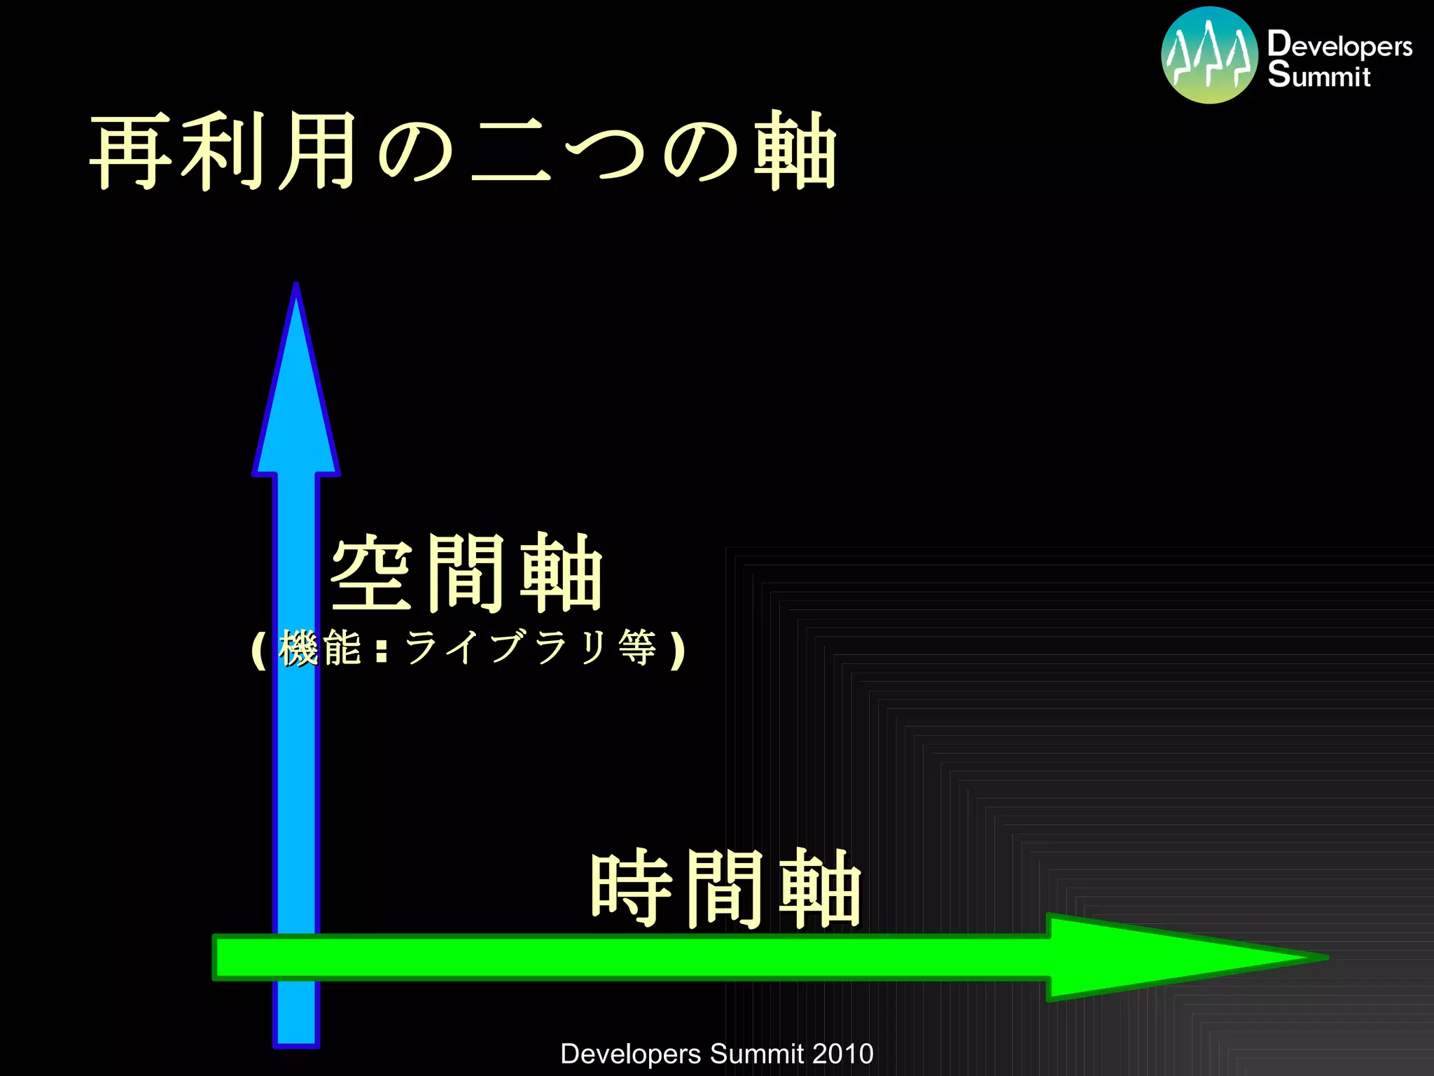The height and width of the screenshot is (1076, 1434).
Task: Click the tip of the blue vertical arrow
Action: coord(296,287)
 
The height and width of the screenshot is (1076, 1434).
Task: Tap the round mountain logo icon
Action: coord(1209,55)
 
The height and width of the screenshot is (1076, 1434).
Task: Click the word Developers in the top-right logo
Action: coord(1339,45)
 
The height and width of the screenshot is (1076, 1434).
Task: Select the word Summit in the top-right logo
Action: coord(1318,75)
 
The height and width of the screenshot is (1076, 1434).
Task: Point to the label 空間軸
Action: coord(466,572)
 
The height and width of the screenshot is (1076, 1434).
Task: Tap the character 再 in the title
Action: coord(132,151)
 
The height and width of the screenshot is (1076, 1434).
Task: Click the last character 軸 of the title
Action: coord(795,151)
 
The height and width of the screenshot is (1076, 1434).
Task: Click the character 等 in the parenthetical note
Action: coord(637,647)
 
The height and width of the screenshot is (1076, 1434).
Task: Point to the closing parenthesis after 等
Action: coord(676,650)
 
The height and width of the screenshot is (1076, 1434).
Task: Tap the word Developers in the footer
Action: coord(630,1054)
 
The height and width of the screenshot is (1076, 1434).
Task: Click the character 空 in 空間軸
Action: coord(371,572)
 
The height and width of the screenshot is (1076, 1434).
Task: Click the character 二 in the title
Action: coord(510,151)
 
